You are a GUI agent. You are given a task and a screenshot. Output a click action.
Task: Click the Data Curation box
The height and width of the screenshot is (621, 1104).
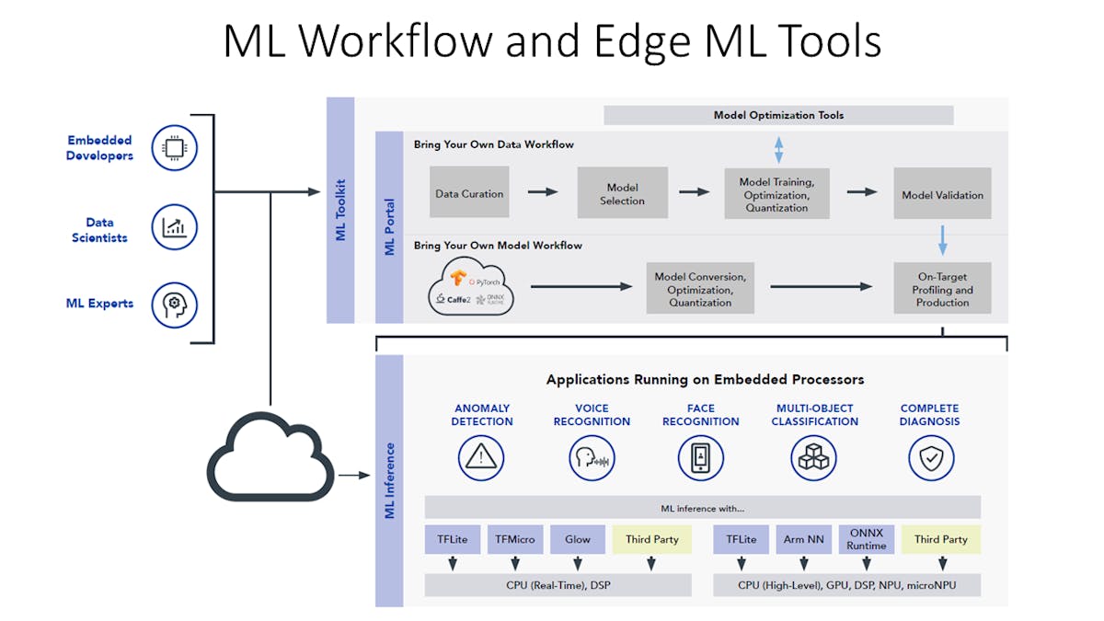point(469,192)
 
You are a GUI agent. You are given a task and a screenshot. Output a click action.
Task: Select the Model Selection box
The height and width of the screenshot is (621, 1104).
point(622,192)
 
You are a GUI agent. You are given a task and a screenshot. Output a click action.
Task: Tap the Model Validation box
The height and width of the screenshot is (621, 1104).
point(942,193)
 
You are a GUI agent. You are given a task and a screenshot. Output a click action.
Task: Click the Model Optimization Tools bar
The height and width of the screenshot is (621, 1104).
point(778,115)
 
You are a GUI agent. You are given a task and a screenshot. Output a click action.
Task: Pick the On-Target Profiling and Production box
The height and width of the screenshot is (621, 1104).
point(942,288)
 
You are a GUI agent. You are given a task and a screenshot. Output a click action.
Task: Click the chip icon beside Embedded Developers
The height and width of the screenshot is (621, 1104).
point(175,147)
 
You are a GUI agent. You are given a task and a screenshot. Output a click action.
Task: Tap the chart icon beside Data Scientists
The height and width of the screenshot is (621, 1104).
point(175,229)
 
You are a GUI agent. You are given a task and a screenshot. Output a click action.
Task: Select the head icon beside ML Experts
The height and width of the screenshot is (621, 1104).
point(175,304)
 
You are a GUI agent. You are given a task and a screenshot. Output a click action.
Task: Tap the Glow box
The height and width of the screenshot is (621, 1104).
point(578,539)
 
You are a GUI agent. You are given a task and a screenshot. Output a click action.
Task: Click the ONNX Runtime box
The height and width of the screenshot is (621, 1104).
point(866,539)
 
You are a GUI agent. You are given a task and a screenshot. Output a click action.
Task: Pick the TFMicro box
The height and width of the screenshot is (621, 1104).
point(515,539)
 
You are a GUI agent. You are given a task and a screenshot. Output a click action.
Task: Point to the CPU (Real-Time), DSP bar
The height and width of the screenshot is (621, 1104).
point(558,585)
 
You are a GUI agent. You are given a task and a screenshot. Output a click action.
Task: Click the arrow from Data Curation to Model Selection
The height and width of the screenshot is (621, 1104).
point(543,191)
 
